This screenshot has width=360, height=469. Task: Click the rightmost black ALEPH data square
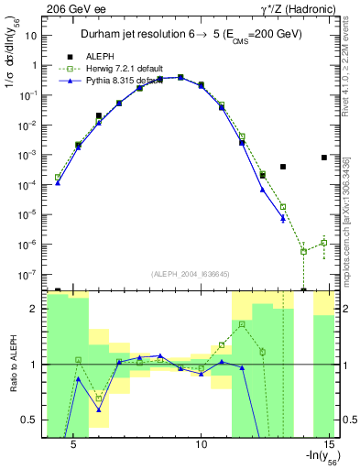tap(324, 158)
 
